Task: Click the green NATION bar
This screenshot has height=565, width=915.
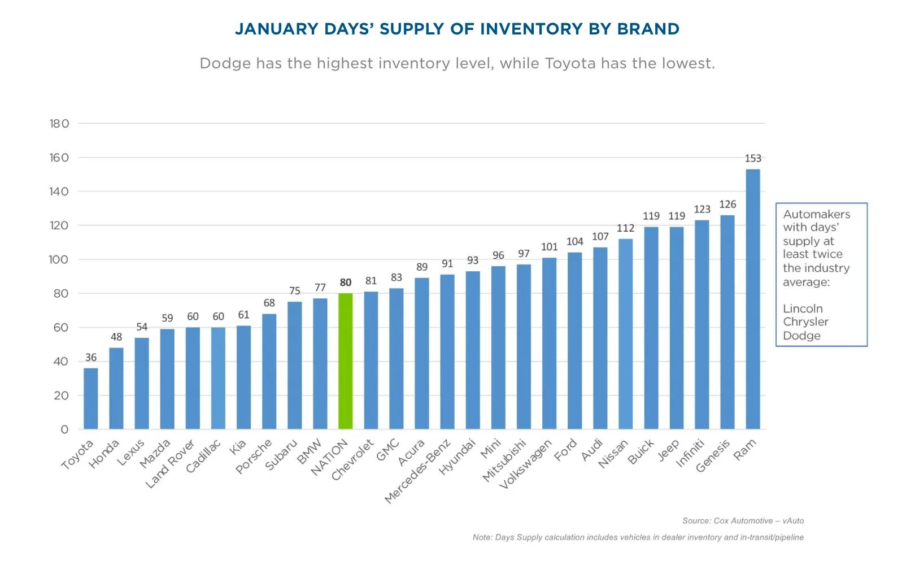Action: coord(346,361)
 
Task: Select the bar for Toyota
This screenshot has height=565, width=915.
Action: coord(91,399)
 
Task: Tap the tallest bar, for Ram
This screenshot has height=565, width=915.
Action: coord(753,299)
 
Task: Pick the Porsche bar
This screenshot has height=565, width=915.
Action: coord(269,371)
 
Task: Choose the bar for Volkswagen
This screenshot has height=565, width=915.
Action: coord(550,344)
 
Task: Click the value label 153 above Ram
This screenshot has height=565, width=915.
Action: coord(753,158)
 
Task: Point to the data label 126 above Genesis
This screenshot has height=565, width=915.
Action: coord(727,205)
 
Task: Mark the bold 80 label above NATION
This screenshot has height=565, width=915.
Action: coord(346,282)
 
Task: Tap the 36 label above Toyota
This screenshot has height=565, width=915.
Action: coord(91,358)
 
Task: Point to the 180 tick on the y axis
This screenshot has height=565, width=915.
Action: coord(59,123)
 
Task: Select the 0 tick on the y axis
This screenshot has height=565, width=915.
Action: coord(64,429)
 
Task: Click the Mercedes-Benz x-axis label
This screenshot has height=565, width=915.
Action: coord(417,471)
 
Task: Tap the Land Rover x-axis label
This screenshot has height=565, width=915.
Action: coord(171,464)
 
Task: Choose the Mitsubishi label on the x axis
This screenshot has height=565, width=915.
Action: coord(504,461)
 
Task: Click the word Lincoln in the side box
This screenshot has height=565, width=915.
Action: coord(803,308)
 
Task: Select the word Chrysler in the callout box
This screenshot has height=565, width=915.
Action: coord(805,322)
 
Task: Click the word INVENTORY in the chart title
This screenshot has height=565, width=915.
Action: coord(531,29)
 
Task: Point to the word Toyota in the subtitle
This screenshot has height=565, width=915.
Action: coord(570,64)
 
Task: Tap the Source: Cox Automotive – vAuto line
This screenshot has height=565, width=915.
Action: coord(743,521)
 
